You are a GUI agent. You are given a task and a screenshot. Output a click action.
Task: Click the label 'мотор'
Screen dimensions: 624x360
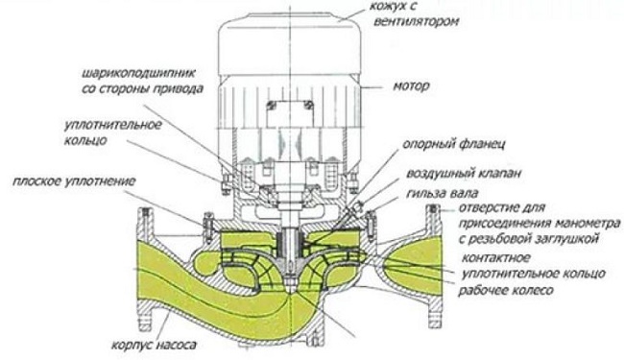411,86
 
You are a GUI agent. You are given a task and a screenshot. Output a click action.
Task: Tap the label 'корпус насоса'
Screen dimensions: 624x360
154,344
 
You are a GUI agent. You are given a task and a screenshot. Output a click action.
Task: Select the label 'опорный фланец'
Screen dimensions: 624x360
454,144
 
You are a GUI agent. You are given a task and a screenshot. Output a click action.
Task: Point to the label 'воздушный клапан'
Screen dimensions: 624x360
464,174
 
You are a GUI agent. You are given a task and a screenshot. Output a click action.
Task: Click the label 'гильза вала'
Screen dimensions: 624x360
443,193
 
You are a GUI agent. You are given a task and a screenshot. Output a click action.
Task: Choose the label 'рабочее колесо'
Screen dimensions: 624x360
505,290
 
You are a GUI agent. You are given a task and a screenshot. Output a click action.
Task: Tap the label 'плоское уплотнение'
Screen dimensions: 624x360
74,181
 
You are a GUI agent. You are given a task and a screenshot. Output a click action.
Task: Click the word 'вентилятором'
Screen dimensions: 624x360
416,21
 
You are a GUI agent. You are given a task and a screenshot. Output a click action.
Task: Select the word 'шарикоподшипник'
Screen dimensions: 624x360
139,74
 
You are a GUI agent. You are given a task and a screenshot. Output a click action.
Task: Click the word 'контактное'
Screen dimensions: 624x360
496,258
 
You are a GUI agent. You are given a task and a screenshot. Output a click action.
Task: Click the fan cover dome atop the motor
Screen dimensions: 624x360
289,44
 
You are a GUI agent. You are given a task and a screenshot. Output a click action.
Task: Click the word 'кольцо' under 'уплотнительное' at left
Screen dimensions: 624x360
85,140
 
